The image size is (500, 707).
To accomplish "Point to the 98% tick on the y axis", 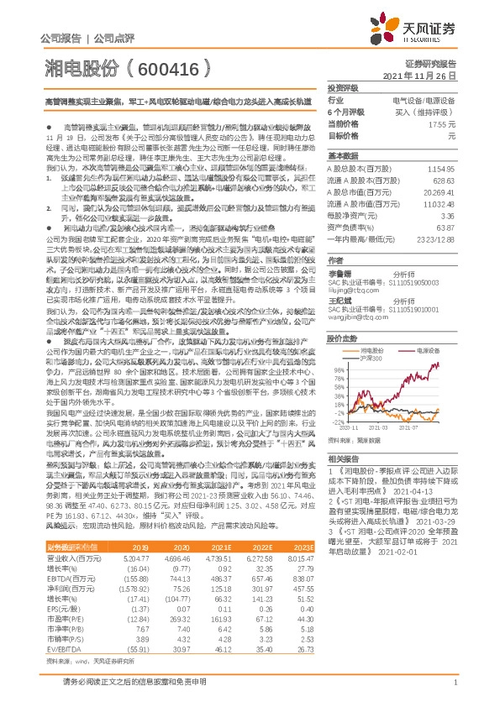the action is tap(335, 369).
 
